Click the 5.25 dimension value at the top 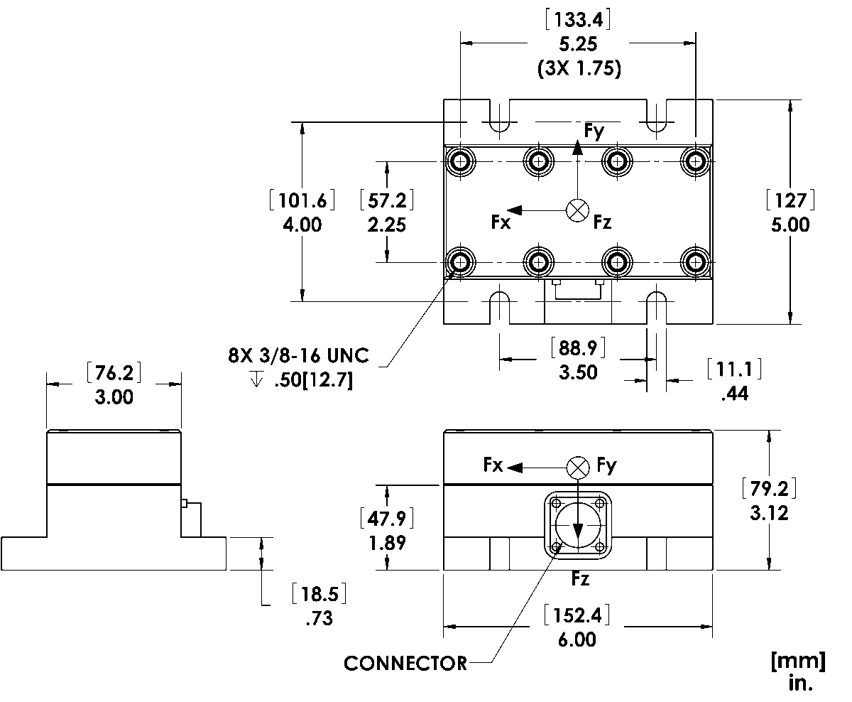(578, 43)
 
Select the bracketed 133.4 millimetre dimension (578, 20)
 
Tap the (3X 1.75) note (579, 68)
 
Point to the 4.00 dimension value (302, 225)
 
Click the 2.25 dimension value (387, 225)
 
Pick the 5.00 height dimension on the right (790, 225)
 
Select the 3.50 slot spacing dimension (578, 372)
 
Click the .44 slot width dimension (734, 394)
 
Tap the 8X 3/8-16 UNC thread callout (298, 355)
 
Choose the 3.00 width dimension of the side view (114, 396)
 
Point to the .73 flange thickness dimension (319, 618)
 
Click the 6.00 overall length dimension (577, 639)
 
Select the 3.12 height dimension (769, 513)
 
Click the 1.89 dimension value (388, 543)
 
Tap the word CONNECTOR (405, 664)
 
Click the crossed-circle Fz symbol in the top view (577, 210)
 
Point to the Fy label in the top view (594, 131)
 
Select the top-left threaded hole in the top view (460, 162)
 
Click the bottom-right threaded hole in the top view (695, 263)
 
